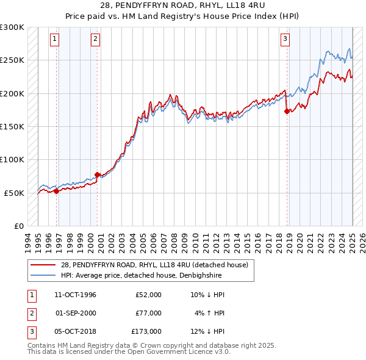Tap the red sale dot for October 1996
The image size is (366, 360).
pyautogui.click(x=57, y=191)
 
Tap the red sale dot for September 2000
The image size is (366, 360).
pyautogui.click(x=97, y=175)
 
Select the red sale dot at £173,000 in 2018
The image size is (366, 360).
pyautogui.click(x=287, y=111)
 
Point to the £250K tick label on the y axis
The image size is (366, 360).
pyautogui.click(x=12, y=60)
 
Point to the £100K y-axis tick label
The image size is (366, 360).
pyautogui.click(x=12, y=159)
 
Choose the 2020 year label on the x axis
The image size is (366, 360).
pyautogui.click(x=300, y=240)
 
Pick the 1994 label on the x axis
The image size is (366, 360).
pyautogui.click(x=27, y=240)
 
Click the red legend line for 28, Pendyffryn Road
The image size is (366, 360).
pyautogui.click(x=43, y=265)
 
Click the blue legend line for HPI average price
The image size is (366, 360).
pyautogui.click(x=43, y=275)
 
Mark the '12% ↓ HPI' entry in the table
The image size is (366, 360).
pyautogui.click(x=207, y=331)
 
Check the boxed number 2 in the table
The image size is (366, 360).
pyautogui.click(x=31, y=313)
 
